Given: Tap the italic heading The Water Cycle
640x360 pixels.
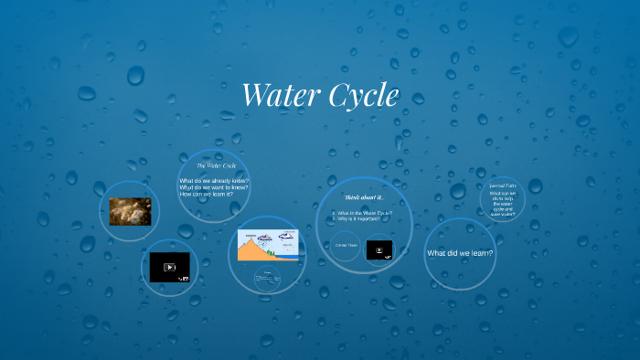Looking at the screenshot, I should [216, 165].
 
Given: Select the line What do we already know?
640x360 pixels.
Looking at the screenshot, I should [214, 181].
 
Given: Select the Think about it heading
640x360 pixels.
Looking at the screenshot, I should [363, 197].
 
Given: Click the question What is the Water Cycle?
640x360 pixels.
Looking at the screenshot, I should [363, 212].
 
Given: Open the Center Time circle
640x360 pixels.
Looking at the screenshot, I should [346, 246].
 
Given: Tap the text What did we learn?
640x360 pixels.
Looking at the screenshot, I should [460, 253].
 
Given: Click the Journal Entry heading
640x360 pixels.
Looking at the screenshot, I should [504, 185].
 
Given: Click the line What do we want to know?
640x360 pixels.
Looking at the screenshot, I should [214, 187].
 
